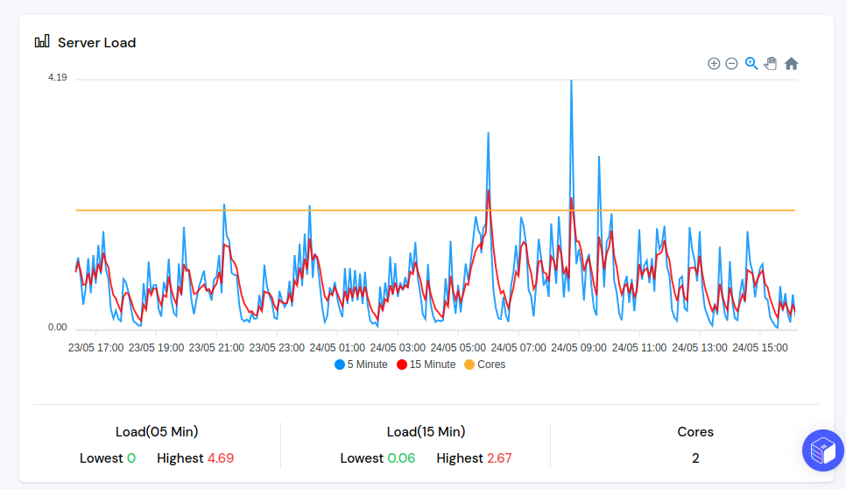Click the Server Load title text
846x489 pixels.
tap(96, 42)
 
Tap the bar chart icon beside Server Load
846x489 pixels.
tap(42, 41)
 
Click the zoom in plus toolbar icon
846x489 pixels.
tap(714, 63)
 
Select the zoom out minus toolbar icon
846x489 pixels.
tap(731, 63)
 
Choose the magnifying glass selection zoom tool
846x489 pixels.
tap(751, 63)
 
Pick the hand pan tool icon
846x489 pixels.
tap(771, 63)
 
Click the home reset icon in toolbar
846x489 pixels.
tap(791, 63)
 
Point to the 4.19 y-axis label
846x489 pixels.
tap(58, 77)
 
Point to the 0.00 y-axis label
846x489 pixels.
tap(58, 327)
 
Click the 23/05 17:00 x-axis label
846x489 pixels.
tap(95, 347)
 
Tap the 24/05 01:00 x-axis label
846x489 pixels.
tap(337, 347)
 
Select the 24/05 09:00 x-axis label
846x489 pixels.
tap(578, 347)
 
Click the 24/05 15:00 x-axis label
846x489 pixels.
tap(759, 347)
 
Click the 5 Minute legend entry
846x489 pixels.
tap(361, 365)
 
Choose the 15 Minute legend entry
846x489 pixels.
tap(427, 365)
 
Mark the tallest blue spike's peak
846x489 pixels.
tap(571, 81)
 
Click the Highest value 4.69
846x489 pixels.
tap(221, 457)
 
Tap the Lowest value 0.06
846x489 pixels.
tap(402, 457)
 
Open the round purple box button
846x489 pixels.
tap(822, 450)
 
